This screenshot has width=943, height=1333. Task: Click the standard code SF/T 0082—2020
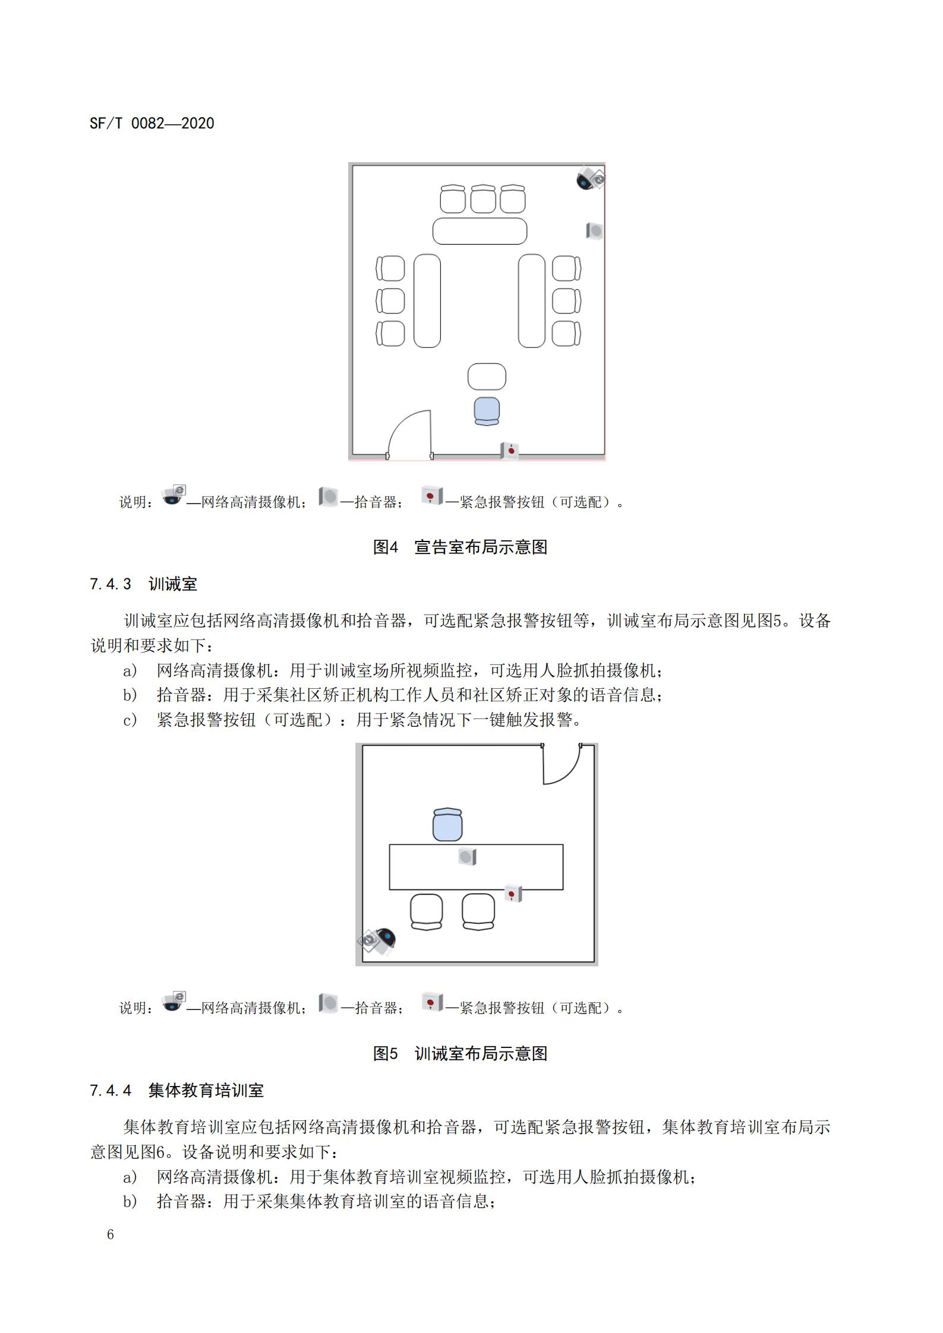point(152,124)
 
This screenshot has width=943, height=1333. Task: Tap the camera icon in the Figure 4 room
point(590,178)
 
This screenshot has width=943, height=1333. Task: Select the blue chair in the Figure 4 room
point(487,411)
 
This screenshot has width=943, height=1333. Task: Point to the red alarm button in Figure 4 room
point(509,451)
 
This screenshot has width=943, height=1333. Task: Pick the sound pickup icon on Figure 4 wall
point(594,231)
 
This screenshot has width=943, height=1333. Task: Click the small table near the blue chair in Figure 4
point(487,376)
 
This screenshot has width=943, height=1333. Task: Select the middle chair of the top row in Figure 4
point(483,199)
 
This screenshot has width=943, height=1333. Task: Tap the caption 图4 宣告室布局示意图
point(460,547)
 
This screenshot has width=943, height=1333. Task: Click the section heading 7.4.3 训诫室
point(143,584)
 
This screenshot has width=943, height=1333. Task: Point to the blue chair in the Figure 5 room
point(447,825)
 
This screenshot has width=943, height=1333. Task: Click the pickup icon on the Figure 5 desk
point(467,857)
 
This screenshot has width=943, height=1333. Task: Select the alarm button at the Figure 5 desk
point(513,894)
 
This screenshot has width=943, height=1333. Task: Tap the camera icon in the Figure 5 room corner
point(377,941)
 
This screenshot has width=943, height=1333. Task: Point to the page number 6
point(110,1234)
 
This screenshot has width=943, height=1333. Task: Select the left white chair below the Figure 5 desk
point(426,912)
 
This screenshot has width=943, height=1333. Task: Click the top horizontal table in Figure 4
point(480,231)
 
